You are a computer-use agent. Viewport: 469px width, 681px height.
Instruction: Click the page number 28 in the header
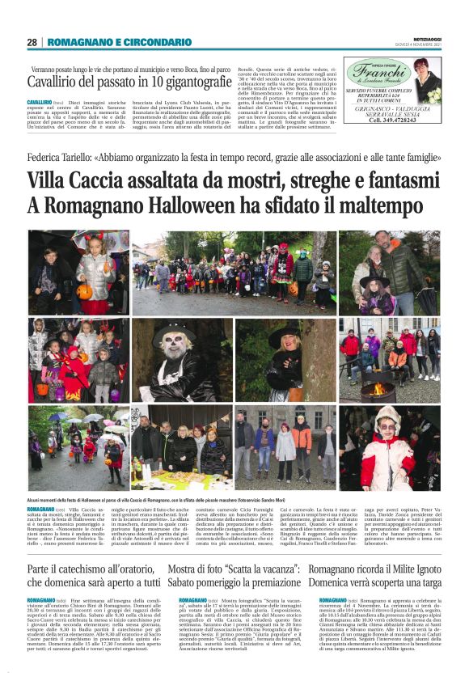coord(32,42)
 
